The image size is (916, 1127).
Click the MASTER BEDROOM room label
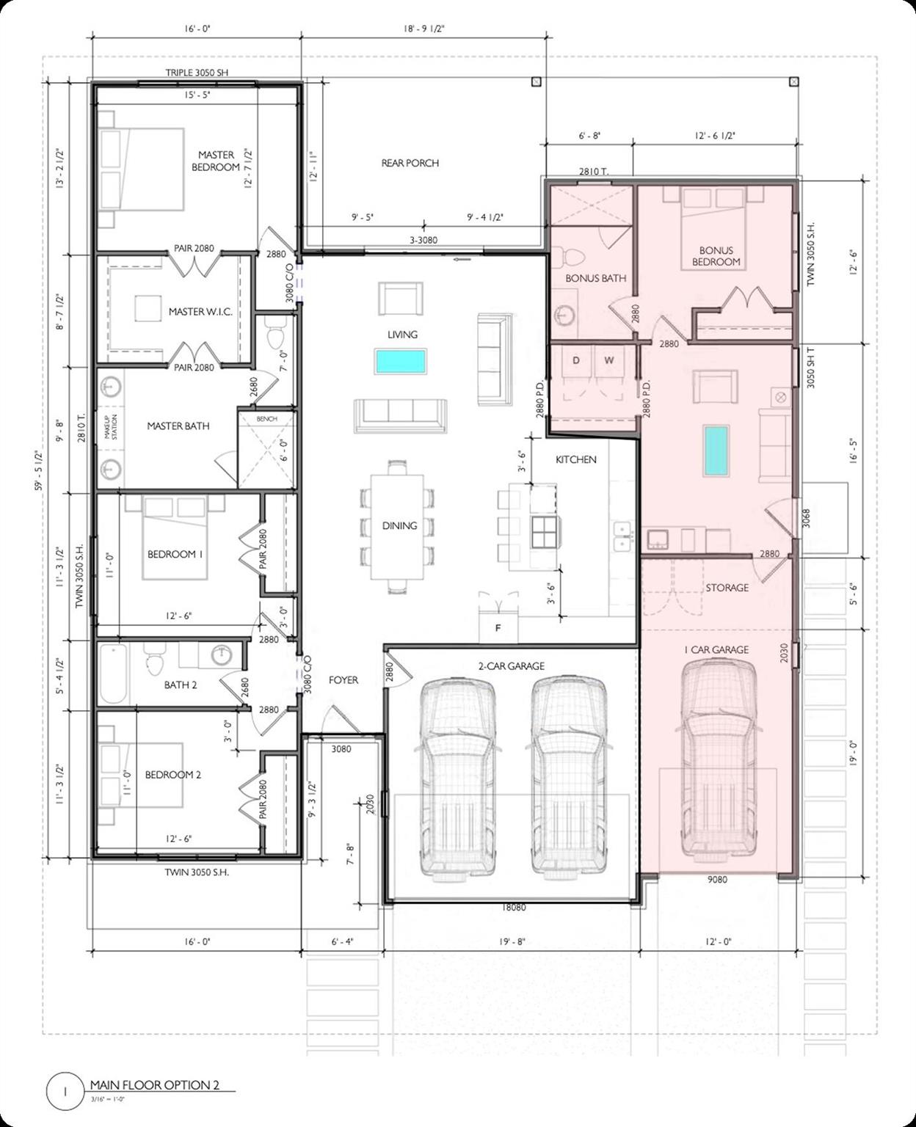[216, 161]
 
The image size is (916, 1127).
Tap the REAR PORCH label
[410, 163]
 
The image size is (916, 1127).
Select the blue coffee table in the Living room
[401, 362]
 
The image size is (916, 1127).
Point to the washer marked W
[608, 360]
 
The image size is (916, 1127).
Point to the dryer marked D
[576, 360]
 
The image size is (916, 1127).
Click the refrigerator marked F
[498, 627]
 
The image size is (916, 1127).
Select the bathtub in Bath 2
[114, 674]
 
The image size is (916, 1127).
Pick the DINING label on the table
[399, 525]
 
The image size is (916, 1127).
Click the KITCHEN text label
[575, 459]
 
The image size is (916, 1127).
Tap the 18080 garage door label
[513, 908]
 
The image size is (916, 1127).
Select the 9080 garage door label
[717, 879]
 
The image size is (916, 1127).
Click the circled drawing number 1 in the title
[65, 1091]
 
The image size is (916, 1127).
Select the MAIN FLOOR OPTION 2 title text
[154, 1085]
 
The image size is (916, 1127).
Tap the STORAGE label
[727, 588]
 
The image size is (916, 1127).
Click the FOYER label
[343, 680]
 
